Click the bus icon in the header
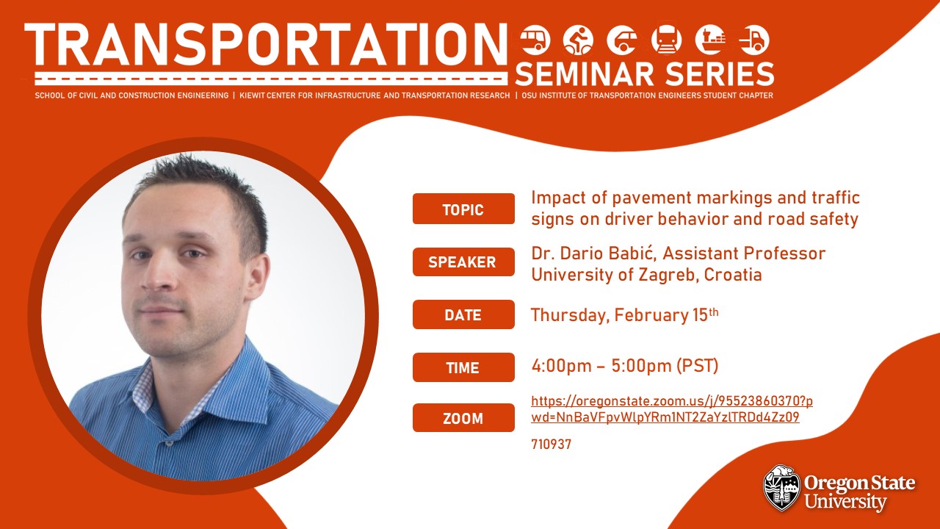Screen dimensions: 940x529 pyautogui.click(x=535, y=40)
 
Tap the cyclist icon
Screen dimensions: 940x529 pyautogui.click(x=578, y=40)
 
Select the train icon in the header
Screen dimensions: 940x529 pyautogui.click(x=666, y=40)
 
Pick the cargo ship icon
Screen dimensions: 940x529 pyautogui.click(x=710, y=40)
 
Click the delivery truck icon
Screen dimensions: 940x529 pyautogui.click(x=754, y=40)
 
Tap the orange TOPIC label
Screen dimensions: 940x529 pyautogui.click(x=463, y=209)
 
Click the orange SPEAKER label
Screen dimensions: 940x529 pyautogui.click(x=463, y=262)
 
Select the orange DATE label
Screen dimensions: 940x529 pyautogui.click(x=463, y=314)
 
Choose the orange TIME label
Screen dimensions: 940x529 pyautogui.click(x=463, y=367)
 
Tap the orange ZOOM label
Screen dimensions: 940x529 pyautogui.click(x=463, y=418)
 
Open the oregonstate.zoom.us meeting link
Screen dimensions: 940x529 pyautogui.click(x=671, y=409)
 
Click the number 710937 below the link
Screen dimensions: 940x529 pyautogui.click(x=551, y=445)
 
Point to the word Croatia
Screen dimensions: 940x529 pyautogui.click(x=733, y=275)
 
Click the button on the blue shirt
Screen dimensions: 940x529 pyautogui.click(x=169, y=443)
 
